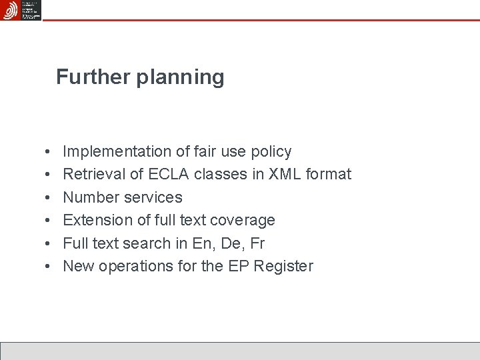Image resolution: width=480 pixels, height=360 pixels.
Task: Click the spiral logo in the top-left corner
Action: tap(11, 10)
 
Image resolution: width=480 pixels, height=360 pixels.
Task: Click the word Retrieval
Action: tap(93, 175)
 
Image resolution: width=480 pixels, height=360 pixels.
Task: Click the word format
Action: tap(329, 175)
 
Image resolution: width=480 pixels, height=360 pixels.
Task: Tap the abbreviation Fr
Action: tap(257, 243)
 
